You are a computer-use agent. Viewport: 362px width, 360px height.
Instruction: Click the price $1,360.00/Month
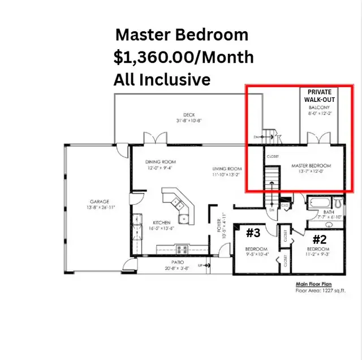click(x=183, y=57)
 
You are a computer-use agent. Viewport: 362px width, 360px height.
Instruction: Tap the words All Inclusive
click(x=162, y=80)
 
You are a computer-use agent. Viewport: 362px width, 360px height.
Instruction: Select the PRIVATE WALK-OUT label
click(x=321, y=96)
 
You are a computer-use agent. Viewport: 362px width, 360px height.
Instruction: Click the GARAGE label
click(x=99, y=202)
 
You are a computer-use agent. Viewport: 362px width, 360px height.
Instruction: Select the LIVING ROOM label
click(x=227, y=169)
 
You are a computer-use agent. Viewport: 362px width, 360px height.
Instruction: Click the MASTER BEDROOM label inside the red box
click(x=311, y=166)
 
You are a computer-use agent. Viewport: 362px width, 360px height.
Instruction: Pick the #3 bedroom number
click(x=252, y=232)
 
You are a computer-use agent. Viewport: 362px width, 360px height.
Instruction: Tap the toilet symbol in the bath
click(x=338, y=203)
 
